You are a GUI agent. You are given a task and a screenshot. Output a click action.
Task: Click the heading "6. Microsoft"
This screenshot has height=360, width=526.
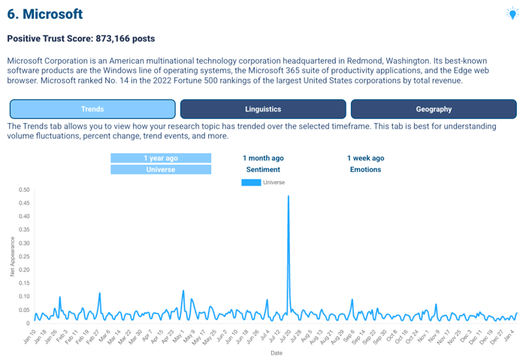click(x=45, y=14)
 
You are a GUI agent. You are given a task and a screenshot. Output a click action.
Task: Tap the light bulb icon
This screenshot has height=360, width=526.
click(x=513, y=14)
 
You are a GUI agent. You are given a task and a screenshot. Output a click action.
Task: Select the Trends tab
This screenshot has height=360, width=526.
click(x=92, y=109)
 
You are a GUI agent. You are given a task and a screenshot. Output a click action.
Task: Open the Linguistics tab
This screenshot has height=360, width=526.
click(x=263, y=109)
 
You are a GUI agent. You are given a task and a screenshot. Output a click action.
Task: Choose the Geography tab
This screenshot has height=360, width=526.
click(x=434, y=109)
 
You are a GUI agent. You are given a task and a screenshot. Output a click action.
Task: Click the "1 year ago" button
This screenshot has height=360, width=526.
click(x=161, y=158)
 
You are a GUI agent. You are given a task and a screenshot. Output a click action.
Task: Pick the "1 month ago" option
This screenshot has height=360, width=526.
click(x=263, y=158)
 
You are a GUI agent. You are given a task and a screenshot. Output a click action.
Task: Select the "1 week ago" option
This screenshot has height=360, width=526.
click(x=365, y=158)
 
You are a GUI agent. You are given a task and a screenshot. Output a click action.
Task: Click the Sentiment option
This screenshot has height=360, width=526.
click(x=263, y=170)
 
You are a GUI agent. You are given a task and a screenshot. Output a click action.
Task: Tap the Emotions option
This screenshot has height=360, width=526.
click(x=365, y=170)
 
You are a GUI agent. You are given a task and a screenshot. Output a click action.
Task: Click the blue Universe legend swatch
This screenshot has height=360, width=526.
click(x=251, y=183)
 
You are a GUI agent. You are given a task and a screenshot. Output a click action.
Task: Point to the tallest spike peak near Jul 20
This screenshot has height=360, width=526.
click(x=289, y=196)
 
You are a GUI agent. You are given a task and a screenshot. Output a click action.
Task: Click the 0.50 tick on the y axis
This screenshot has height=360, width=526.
click(x=24, y=189)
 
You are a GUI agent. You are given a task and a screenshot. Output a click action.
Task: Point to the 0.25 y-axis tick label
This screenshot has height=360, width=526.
click(x=24, y=256)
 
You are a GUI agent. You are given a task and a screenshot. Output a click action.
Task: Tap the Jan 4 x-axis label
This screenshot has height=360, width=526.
click(x=509, y=334)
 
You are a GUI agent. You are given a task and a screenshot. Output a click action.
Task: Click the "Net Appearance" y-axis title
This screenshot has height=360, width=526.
click(x=13, y=256)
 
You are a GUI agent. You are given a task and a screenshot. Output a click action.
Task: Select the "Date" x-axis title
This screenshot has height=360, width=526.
click(x=277, y=352)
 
